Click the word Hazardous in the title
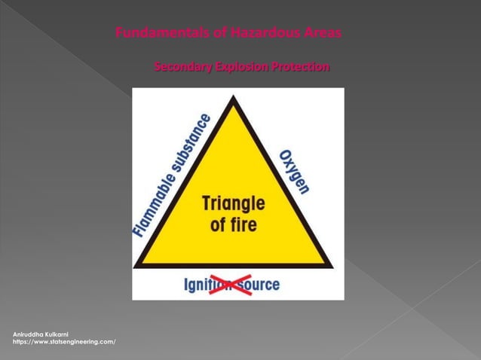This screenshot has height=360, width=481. [258, 33]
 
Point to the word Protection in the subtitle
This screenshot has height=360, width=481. [300, 68]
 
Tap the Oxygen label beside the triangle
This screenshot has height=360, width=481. [294, 172]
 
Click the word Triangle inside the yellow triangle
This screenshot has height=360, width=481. [233, 203]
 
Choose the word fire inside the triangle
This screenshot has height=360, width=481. [244, 224]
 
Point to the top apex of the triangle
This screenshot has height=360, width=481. [234, 97]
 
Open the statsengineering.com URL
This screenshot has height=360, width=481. [64, 342]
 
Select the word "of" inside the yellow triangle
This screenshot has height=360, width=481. [219, 224]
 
